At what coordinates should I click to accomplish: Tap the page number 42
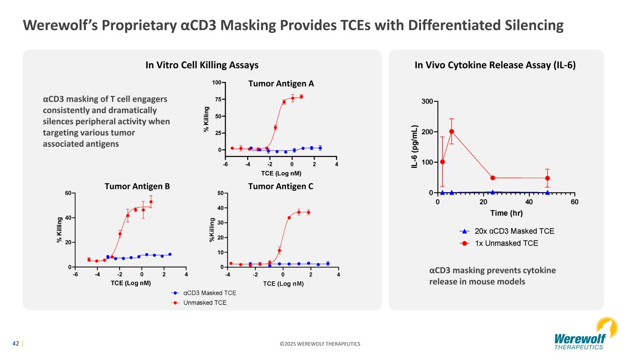tap(15, 344)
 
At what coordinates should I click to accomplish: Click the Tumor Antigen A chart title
tap(281, 84)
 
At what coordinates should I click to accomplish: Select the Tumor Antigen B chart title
tap(137, 186)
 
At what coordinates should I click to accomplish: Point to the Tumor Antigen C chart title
tap(280, 186)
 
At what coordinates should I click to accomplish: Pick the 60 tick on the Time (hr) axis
tap(574, 202)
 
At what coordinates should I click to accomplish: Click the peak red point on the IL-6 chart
tap(452, 132)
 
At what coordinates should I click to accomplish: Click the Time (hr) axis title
tap(506, 213)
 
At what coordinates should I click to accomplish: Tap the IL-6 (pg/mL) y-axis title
tap(414, 147)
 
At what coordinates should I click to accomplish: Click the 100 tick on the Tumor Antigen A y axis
tap(217, 83)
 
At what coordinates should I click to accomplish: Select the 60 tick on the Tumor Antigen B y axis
tap(68, 193)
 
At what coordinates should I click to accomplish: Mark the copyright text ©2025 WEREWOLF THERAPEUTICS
tap(320, 344)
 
